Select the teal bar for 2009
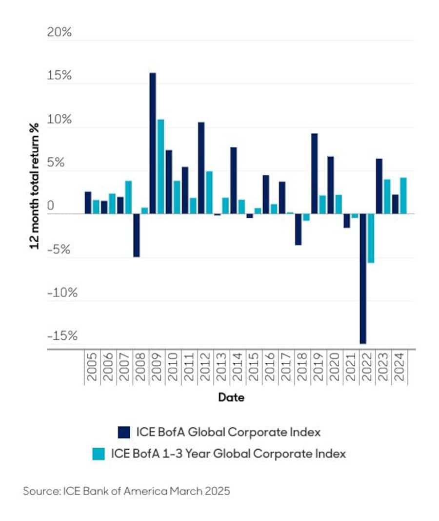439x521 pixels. pos(160,167)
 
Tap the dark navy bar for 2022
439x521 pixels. pos(362,278)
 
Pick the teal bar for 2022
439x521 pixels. pos(371,238)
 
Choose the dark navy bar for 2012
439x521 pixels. pos(201,168)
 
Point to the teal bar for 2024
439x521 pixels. pos(403,195)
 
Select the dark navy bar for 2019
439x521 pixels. pos(314,173)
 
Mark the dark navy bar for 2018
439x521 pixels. pos(298,229)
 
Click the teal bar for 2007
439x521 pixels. pos(128,197)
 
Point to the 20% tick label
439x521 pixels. pos(59,33)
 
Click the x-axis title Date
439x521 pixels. pos(231,397)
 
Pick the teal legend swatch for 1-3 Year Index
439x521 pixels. pos(99,454)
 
